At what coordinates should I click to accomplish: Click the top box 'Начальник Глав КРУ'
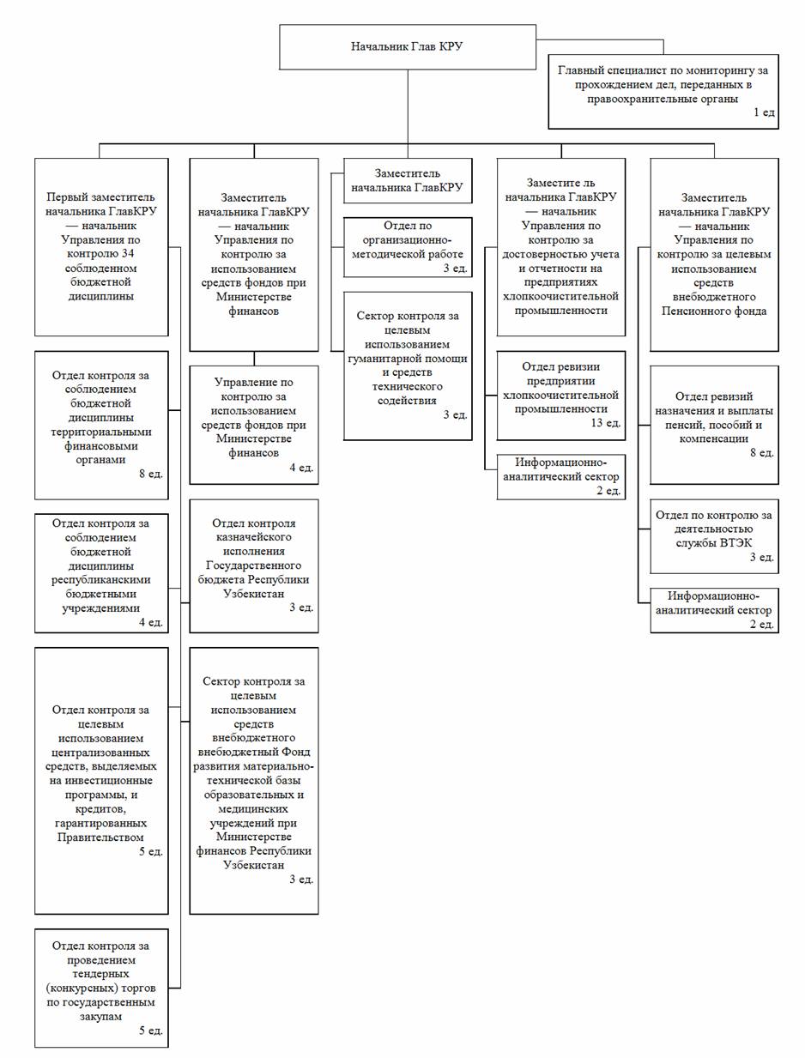(407, 47)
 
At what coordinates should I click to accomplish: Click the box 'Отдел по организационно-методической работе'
(408, 247)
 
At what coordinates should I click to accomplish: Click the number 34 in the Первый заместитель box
(129, 253)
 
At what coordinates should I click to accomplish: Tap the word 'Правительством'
(101, 837)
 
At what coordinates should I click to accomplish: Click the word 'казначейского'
(253, 537)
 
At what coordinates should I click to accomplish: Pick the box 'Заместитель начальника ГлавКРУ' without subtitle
(408, 180)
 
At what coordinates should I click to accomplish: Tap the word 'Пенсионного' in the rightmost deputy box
(714, 310)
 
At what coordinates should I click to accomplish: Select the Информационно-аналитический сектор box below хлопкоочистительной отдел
(560, 476)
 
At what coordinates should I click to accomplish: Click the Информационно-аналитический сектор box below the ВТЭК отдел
(714, 609)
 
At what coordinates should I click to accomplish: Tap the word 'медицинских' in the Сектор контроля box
(253, 808)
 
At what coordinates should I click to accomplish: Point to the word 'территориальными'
(101, 432)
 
